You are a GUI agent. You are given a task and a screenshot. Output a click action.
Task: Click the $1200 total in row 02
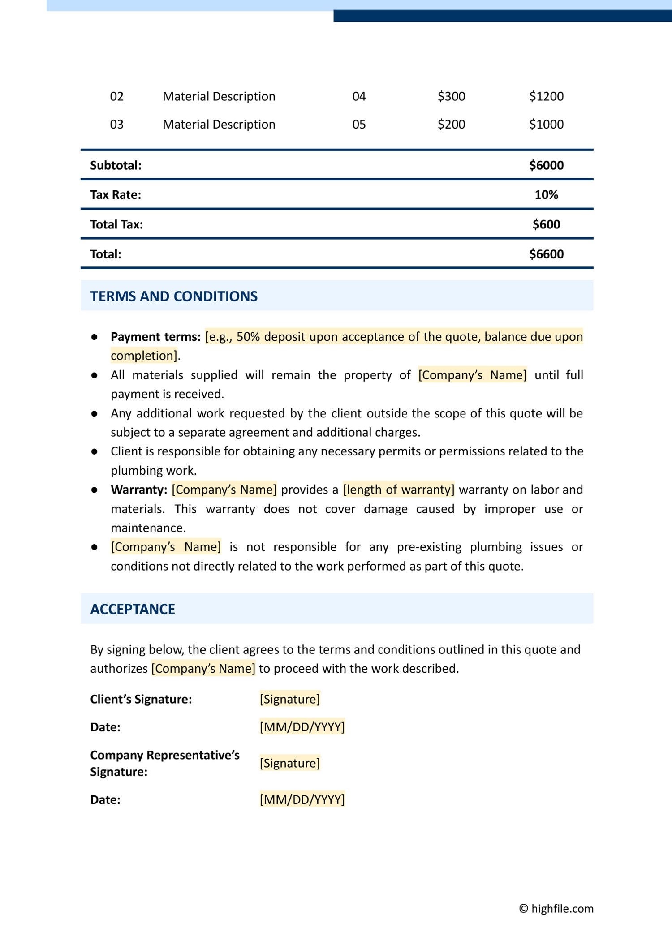tap(546, 96)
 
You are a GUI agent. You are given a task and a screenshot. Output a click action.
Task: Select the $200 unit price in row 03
tap(451, 124)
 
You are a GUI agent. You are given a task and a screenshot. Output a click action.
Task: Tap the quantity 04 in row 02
tap(359, 96)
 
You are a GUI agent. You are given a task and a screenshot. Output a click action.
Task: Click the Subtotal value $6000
tap(546, 165)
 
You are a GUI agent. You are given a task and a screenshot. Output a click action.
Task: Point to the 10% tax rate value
tap(546, 195)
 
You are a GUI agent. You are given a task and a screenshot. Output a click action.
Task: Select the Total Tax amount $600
tap(546, 224)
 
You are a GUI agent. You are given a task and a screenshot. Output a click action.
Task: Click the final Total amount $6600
tap(546, 254)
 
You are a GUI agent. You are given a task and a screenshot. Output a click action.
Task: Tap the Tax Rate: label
tap(116, 195)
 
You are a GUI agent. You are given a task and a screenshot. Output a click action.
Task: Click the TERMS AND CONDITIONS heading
tap(174, 296)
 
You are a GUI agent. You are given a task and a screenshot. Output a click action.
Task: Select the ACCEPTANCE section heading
tap(133, 609)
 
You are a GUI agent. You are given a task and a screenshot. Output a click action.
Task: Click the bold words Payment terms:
tap(155, 337)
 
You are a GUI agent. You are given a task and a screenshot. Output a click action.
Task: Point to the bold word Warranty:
tap(139, 490)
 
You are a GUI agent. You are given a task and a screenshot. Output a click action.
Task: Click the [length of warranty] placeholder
tap(399, 490)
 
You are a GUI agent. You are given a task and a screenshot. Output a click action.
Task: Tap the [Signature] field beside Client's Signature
tap(290, 699)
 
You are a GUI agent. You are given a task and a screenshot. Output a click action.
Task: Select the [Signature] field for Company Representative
tap(290, 763)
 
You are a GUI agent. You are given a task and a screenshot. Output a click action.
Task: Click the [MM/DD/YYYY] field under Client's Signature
tap(302, 727)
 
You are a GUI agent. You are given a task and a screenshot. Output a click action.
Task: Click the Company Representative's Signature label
tap(164, 763)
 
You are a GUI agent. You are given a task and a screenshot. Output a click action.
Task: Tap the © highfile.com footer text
tap(556, 909)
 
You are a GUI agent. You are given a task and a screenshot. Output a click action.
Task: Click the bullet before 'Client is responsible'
tap(95, 451)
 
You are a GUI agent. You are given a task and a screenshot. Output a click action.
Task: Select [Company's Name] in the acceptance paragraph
tap(203, 669)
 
